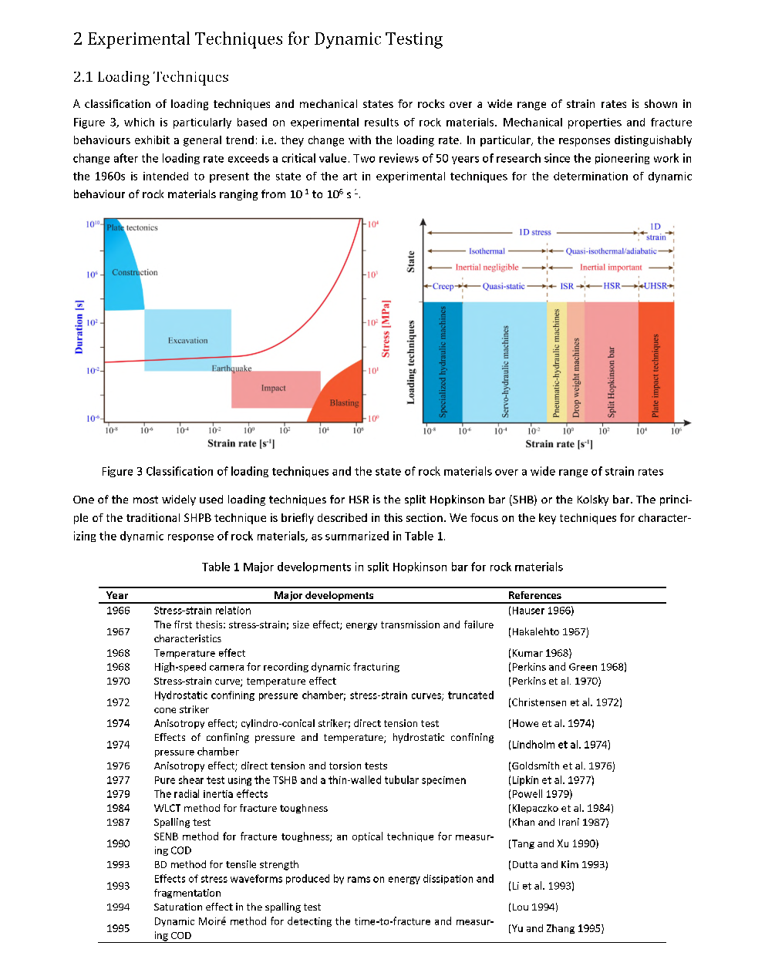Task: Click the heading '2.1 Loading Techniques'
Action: click(150, 77)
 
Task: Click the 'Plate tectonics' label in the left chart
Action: click(132, 227)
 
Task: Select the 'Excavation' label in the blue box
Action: click(187, 340)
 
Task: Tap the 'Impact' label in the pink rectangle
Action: click(273, 388)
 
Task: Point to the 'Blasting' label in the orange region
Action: click(344, 402)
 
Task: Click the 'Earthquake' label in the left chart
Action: click(231, 369)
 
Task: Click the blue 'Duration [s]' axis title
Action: click(79, 327)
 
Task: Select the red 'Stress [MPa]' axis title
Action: click(386, 328)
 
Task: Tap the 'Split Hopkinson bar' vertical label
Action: click(612, 382)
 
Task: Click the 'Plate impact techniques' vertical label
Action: click(655, 375)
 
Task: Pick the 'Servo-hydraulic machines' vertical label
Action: click(506, 371)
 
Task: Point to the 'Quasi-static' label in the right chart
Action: click(503, 286)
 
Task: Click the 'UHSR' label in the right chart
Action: click(655, 286)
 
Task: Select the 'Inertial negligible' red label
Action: click(487, 268)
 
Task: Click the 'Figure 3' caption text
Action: click(382, 472)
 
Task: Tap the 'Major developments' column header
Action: click(323, 595)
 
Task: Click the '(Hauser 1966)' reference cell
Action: click(541, 611)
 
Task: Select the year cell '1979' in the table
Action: click(118, 794)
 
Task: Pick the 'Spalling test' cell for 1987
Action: click(182, 823)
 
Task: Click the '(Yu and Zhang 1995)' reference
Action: click(555, 928)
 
